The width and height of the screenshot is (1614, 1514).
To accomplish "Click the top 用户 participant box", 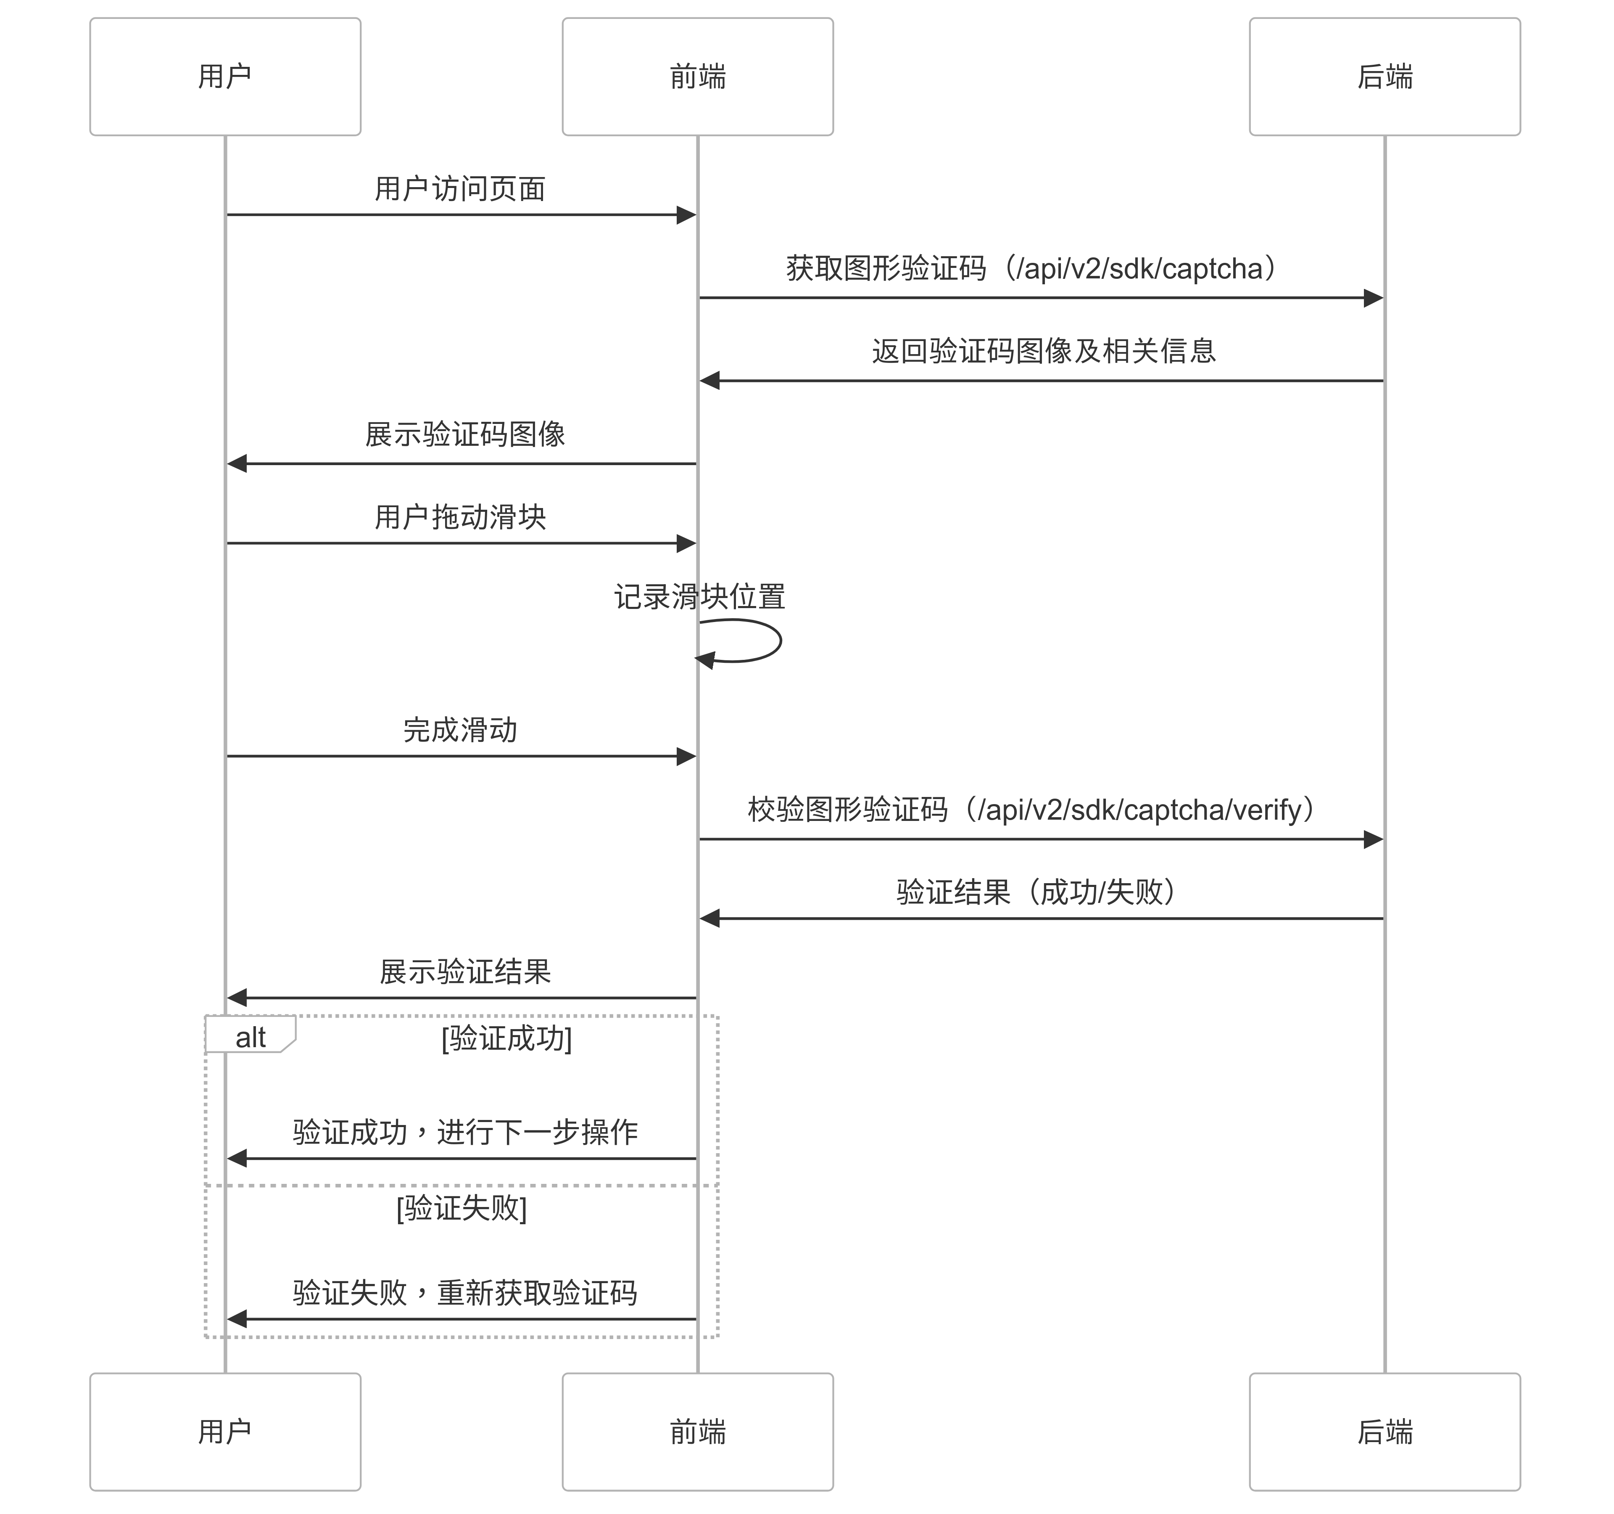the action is [225, 77].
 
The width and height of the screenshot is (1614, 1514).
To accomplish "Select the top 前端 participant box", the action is [697, 77].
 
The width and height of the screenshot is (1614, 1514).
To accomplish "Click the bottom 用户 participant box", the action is [225, 1432].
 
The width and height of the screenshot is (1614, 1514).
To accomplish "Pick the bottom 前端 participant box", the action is [697, 1432].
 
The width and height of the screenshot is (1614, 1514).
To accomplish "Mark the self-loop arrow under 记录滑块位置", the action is [779, 641].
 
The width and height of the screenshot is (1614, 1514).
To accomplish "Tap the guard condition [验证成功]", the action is [506, 1038].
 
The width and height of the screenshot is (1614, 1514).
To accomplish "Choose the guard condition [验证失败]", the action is [461, 1208].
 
